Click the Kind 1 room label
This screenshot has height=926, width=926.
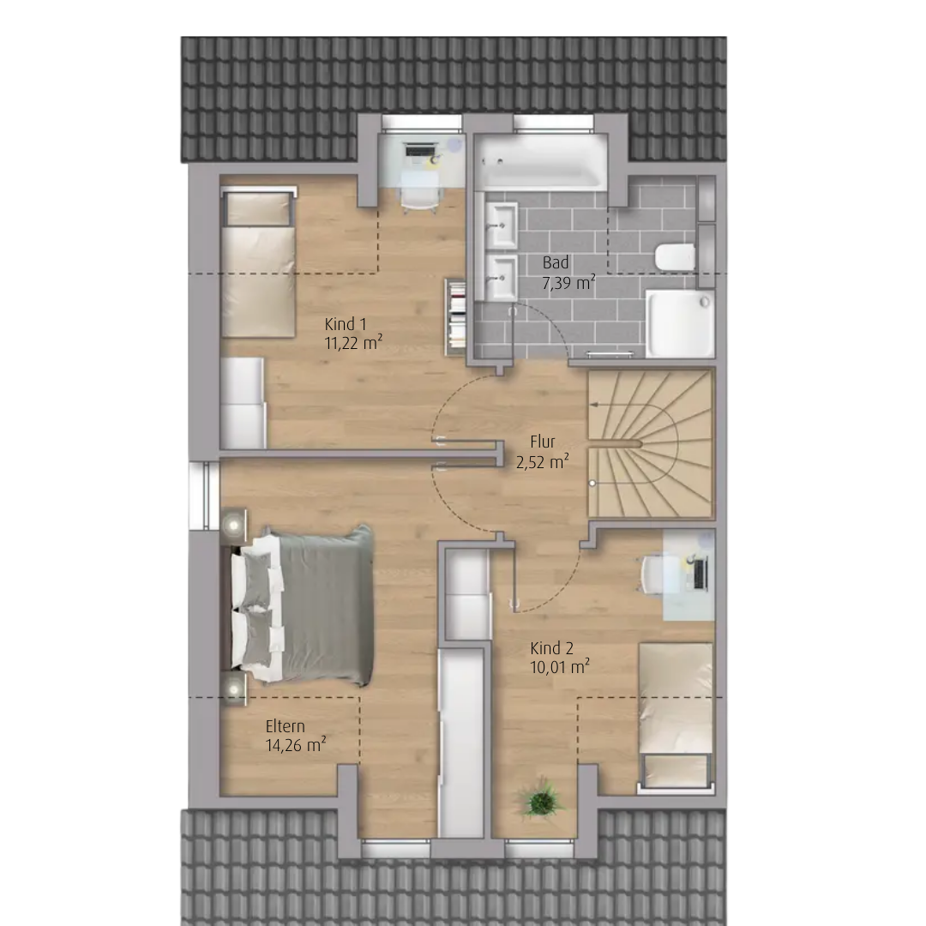click(x=346, y=324)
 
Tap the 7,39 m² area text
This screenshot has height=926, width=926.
click(x=568, y=283)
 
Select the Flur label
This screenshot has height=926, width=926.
click(x=543, y=442)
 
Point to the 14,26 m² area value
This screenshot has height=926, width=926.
click(x=296, y=745)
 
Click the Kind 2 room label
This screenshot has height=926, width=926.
click(x=551, y=648)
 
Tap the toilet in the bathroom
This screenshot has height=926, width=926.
click(x=675, y=257)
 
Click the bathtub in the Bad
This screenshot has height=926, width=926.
click(x=541, y=162)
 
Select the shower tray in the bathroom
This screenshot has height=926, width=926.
click(x=680, y=323)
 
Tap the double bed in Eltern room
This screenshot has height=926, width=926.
click(x=302, y=605)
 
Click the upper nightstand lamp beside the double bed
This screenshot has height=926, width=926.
click(x=234, y=525)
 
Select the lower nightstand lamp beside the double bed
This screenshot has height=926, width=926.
click(x=234, y=688)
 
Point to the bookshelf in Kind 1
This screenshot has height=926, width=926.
click(x=455, y=318)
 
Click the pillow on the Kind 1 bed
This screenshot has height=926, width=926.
click(x=258, y=209)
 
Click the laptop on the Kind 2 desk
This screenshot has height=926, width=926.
click(x=700, y=574)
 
